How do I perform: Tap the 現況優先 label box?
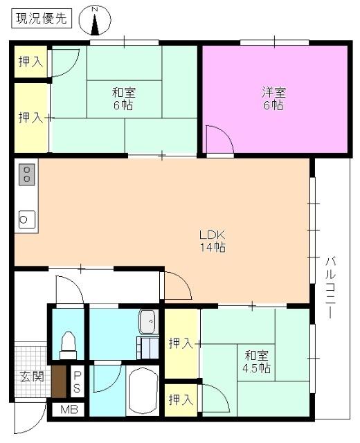[40, 19]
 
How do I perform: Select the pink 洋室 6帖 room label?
[273, 98]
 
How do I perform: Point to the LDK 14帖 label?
[213, 240]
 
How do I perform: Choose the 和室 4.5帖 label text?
[256, 361]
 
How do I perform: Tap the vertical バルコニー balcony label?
[331, 287]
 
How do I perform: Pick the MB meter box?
[69, 409]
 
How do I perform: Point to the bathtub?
[144, 390]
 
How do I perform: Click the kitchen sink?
[26, 219]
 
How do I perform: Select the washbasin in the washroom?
[148, 321]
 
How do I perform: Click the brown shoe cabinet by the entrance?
[59, 380]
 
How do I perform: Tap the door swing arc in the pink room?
[219, 141]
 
